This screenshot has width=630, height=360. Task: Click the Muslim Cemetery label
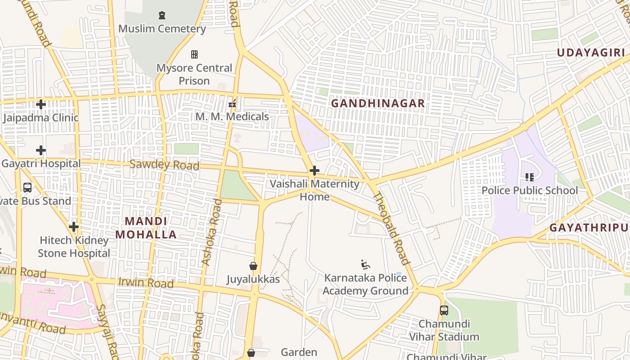tap(162, 29)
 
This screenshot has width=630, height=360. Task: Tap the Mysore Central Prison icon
tap(194, 54)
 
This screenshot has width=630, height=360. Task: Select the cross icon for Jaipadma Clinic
tap(41, 104)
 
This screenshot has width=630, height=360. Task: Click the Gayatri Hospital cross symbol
tap(41, 150)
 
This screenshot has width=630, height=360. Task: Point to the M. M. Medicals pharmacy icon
tap(232, 103)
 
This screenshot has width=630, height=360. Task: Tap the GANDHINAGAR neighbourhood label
tap(378, 103)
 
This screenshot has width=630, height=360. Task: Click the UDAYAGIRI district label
tap(591, 53)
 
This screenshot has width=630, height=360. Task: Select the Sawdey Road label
tap(164, 165)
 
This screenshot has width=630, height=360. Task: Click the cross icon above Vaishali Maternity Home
tap(315, 171)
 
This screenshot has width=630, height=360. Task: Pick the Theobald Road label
tap(391, 228)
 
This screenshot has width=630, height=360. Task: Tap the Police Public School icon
tap(530, 177)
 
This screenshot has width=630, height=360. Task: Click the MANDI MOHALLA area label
tap(146, 228)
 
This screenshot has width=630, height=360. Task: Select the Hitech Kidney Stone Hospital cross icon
tap(74, 226)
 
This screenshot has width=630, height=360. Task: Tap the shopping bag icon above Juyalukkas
tap(253, 266)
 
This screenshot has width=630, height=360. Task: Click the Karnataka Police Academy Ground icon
tap(365, 264)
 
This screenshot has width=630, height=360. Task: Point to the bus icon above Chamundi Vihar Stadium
tap(444, 310)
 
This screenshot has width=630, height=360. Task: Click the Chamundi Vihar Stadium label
tap(444, 330)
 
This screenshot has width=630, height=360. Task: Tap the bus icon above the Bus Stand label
tap(27, 187)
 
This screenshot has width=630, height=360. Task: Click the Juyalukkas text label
tap(253, 279)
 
